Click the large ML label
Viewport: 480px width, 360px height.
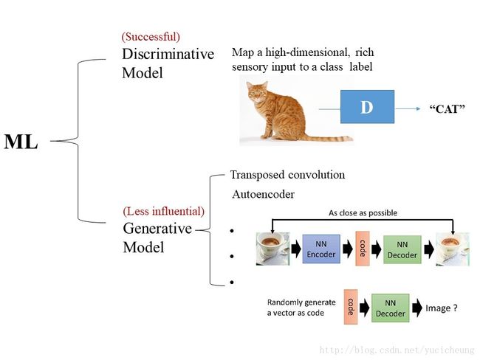(x=21, y=142)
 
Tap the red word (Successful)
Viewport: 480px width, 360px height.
(x=151, y=36)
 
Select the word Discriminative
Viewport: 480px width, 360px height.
(x=168, y=54)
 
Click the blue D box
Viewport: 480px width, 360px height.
(x=367, y=107)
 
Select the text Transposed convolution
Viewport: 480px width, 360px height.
(x=287, y=175)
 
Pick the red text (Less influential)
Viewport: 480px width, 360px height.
(x=163, y=212)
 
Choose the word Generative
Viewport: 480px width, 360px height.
(x=157, y=229)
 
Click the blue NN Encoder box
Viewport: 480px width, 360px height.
(x=320, y=249)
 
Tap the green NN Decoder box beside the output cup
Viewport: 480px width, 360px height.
(x=402, y=249)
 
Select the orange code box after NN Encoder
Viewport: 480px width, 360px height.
(x=362, y=248)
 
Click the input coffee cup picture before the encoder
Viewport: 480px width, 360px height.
(x=272, y=249)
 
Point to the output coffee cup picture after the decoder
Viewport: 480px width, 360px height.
(x=451, y=249)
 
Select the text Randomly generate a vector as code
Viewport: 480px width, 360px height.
(x=301, y=308)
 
